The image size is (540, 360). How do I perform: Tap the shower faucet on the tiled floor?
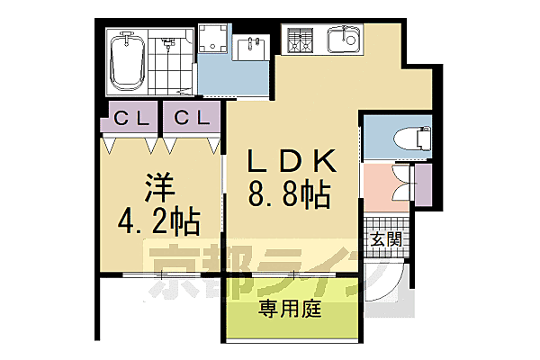point(167,42)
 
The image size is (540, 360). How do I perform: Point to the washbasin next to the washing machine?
point(248,45)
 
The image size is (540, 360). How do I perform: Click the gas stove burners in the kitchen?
point(300,40)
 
